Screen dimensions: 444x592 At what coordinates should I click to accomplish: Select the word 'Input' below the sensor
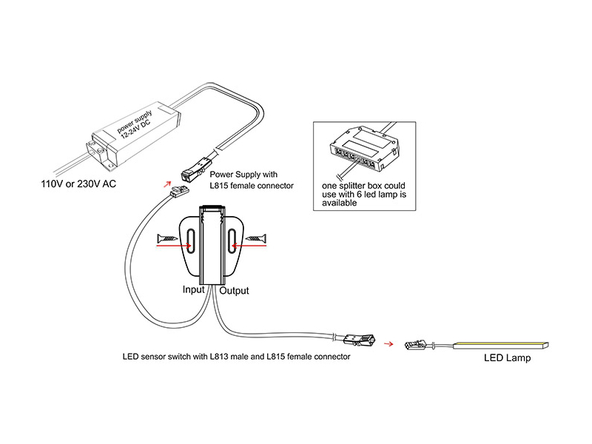(x=193, y=290)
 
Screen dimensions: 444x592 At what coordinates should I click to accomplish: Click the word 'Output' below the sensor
(x=234, y=291)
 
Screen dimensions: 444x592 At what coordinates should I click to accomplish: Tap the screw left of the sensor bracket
(x=168, y=238)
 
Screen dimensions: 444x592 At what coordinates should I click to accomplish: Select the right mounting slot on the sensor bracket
(x=232, y=240)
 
